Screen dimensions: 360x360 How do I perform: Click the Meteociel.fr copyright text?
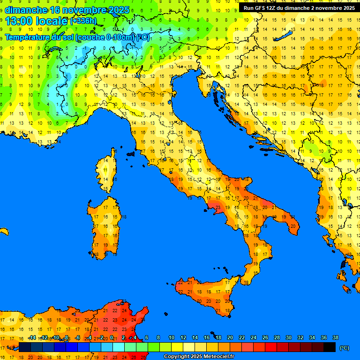pos(199,357)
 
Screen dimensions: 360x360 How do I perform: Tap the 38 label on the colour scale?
pos(335,338)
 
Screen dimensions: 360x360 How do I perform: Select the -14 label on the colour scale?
pos(32,338)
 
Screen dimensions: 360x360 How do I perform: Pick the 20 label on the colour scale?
pos(230,338)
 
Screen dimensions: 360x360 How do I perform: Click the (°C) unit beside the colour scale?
pos(344,347)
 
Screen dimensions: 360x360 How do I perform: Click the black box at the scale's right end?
pos(330,347)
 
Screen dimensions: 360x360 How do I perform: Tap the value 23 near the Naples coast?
pos(217,207)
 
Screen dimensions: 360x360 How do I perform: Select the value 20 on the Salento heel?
pos(293,226)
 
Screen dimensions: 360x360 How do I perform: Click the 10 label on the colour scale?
pos(172,338)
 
